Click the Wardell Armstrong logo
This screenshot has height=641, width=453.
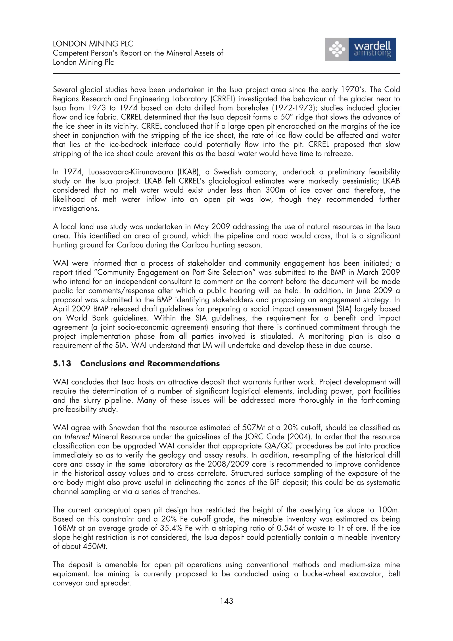point(360,49)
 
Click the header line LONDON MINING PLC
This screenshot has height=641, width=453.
point(93,44)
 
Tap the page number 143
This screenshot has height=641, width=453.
point(226,601)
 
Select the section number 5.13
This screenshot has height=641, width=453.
point(62,363)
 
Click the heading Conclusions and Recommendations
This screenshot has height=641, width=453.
point(150,363)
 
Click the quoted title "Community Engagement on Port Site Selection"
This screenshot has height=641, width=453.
point(176,273)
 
